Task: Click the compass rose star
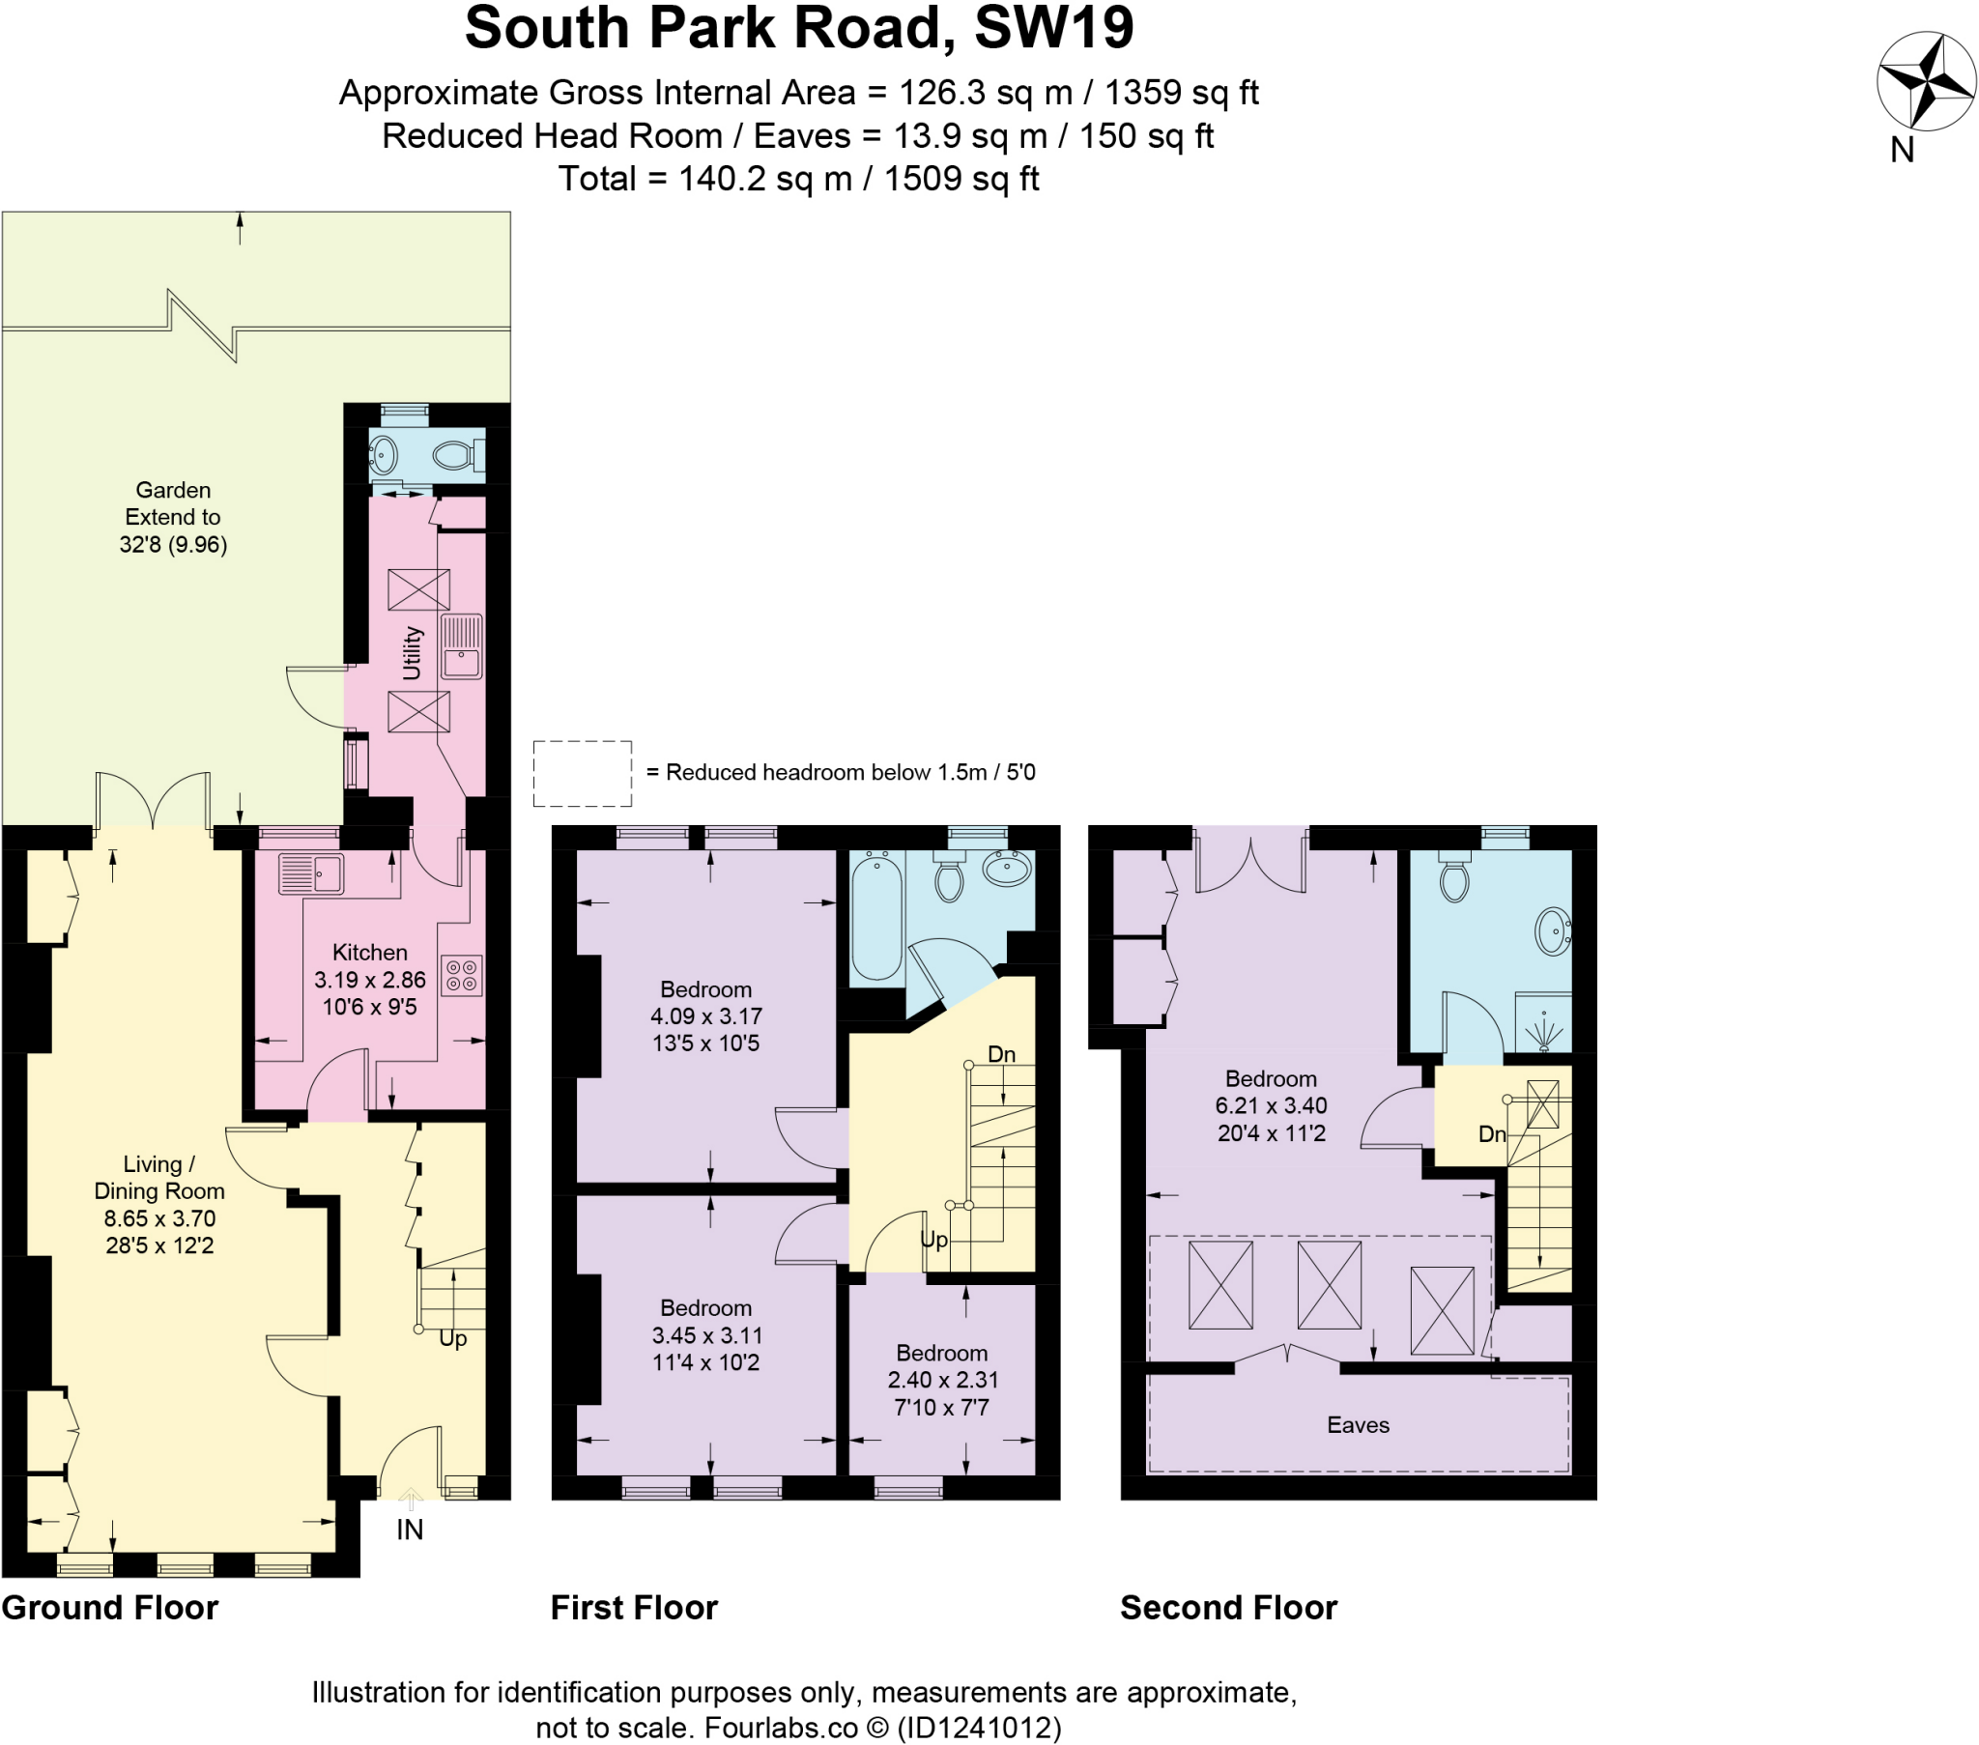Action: click(1925, 81)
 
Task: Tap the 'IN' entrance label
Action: click(410, 1530)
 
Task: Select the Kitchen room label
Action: click(369, 952)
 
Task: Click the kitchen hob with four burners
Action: click(462, 976)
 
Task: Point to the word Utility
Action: click(412, 652)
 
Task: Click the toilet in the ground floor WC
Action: click(458, 454)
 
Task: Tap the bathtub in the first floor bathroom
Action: click(876, 915)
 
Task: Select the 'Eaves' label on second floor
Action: click(1358, 1424)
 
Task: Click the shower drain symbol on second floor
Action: click(1543, 1032)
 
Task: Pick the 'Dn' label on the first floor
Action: click(1001, 1054)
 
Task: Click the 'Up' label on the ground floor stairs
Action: click(452, 1338)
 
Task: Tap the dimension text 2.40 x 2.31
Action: click(942, 1380)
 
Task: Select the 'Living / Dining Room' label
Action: click(158, 1178)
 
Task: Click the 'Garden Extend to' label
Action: click(172, 503)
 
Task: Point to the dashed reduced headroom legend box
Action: click(582, 773)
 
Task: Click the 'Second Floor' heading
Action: click(1227, 1609)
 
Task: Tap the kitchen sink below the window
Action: click(311, 873)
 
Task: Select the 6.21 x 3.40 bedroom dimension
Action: click(1271, 1106)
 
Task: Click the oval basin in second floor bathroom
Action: click(1552, 931)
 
